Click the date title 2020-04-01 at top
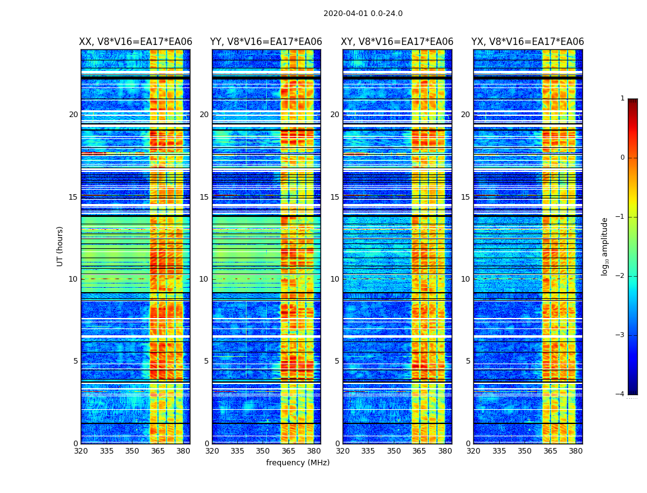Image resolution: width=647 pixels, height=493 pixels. click(x=363, y=14)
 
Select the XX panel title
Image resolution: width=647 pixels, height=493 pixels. click(x=136, y=42)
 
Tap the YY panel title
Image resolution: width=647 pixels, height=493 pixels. click(x=266, y=42)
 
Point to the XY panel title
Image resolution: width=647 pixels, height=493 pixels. click(x=397, y=42)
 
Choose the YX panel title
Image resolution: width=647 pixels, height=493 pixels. click(x=527, y=42)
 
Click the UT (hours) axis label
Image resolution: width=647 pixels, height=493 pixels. click(x=60, y=246)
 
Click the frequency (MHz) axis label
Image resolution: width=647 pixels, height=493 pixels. click(x=298, y=463)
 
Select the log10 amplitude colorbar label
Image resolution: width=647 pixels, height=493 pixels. click(x=605, y=246)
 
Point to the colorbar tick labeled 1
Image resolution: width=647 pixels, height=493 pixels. click(x=622, y=99)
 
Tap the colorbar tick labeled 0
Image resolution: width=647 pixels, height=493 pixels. click(x=622, y=158)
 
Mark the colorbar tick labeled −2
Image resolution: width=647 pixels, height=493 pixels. click(x=621, y=276)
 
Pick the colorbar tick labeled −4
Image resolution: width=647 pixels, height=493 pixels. click(x=621, y=394)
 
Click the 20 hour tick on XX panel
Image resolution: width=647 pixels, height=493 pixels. click(x=73, y=115)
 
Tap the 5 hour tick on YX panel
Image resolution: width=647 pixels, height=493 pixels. click(x=468, y=361)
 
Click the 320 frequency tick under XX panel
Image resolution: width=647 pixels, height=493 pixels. click(x=81, y=451)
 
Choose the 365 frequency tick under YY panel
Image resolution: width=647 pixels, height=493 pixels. click(x=288, y=451)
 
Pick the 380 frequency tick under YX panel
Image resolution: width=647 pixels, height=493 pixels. click(x=576, y=451)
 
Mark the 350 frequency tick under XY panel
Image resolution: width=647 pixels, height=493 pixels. click(x=394, y=451)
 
